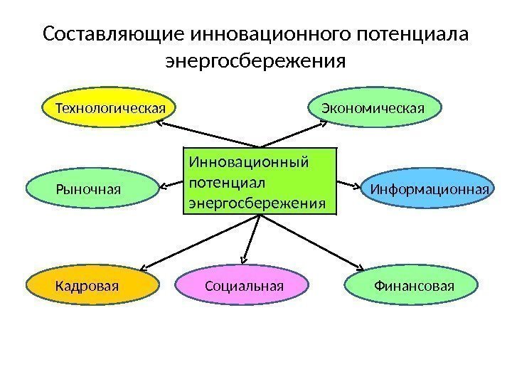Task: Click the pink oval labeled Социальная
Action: (x=244, y=286)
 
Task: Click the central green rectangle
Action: (x=260, y=181)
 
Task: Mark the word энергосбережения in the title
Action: (x=255, y=62)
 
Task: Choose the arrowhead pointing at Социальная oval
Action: (x=244, y=260)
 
